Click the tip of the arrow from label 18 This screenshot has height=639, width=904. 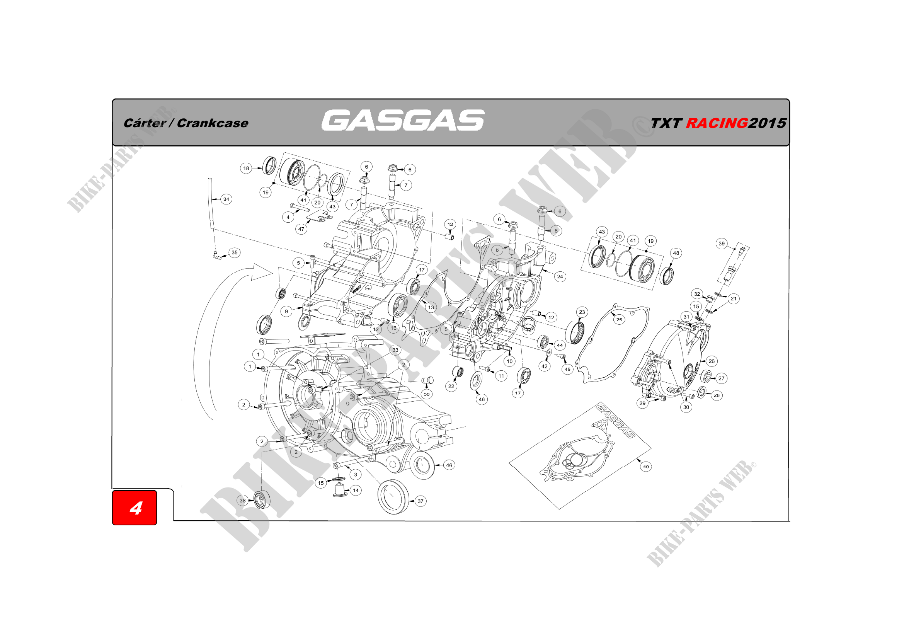(x=262, y=168)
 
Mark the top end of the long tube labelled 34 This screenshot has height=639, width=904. (x=210, y=179)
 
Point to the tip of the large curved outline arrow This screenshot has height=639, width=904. (x=272, y=272)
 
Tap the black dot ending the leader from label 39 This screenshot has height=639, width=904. (x=735, y=249)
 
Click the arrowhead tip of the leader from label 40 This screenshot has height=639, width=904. (x=636, y=459)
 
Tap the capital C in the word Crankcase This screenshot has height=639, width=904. (x=182, y=123)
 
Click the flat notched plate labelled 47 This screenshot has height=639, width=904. (x=319, y=216)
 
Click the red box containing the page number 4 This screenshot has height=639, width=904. (x=134, y=508)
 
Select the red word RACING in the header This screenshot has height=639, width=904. (x=717, y=123)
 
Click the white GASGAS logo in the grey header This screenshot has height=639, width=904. (x=403, y=120)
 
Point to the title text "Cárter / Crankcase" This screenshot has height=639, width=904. (x=186, y=123)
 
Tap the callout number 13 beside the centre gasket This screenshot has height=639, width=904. (x=431, y=307)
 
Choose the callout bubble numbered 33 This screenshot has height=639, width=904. (x=395, y=350)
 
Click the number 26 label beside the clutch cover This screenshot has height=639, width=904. (x=712, y=361)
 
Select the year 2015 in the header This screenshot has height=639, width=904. (x=767, y=123)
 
